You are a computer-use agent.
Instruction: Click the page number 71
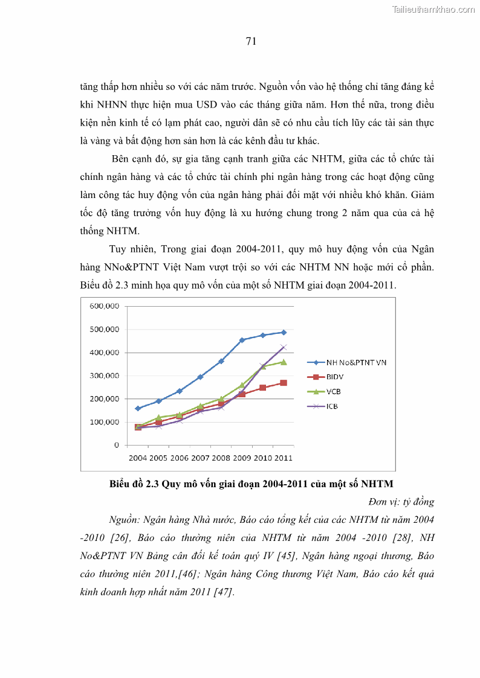coord(251,41)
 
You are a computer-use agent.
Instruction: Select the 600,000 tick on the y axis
coord(104,306)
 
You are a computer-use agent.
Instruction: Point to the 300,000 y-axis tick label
coord(104,376)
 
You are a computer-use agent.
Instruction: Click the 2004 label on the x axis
coord(137,458)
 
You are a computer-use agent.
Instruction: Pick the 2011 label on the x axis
coord(283,458)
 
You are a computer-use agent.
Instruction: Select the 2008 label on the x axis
coord(221,458)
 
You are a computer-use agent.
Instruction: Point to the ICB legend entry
coord(332,406)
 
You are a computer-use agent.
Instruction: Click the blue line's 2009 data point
coord(242,340)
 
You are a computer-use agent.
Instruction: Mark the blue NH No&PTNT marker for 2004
coord(138,408)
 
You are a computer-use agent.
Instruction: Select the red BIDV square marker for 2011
coord(284,383)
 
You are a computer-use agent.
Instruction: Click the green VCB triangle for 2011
coord(284,362)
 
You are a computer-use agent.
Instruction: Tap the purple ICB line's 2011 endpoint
coord(284,347)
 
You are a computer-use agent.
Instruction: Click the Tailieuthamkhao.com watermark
coord(433,9)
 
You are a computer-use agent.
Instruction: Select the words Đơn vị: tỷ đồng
coord(401,502)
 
